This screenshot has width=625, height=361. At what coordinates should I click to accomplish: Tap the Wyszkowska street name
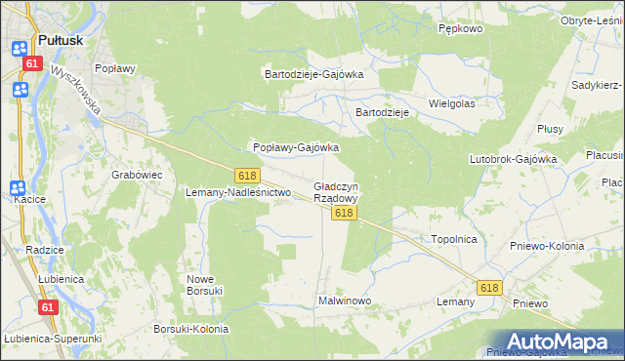[79, 90]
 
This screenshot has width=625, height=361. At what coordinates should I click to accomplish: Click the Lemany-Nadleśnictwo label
[239, 192]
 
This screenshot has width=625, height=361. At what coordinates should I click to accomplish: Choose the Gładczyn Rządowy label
[336, 191]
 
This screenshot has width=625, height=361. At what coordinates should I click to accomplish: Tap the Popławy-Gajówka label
[296, 148]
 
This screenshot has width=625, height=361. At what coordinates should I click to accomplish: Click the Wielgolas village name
[451, 102]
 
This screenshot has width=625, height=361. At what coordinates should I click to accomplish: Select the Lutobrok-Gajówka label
[513, 158]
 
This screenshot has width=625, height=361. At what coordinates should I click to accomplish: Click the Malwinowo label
[345, 301]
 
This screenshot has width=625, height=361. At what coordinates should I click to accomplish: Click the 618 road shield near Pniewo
[489, 288]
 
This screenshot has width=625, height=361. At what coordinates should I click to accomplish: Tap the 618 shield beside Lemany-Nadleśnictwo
[247, 175]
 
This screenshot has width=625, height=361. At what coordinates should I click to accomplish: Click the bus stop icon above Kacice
[19, 188]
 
